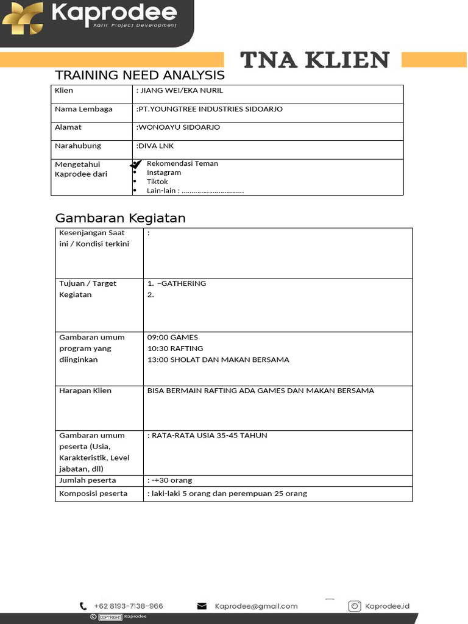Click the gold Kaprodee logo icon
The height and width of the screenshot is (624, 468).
pyautogui.click(x=23, y=18)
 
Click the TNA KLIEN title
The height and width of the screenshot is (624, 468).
pyautogui.click(x=314, y=60)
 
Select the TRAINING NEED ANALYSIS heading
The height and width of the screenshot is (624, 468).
pyautogui.click(x=140, y=76)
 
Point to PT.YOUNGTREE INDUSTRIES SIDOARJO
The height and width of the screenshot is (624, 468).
pyautogui.click(x=210, y=109)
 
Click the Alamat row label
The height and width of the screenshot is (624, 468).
pyautogui.click(x=68, y=127)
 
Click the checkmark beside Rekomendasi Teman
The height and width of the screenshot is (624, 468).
pyautogui.click(x=136, y=165)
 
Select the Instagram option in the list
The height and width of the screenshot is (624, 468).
pyautogui.click(x=163, y=172)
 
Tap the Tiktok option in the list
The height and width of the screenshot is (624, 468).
pyautogui.click(x=157, y=182)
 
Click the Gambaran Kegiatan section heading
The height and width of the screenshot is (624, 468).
pyautogui.click(x=120, y=218)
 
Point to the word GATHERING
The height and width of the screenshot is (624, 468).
pyautogui.click(x=182, y=283)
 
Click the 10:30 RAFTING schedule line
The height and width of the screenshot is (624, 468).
pyautogui.click(x=175, y=349)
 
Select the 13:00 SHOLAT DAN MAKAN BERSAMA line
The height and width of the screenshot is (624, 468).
pyautogui.click(x=218, y=360)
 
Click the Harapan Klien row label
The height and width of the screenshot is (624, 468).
pyautogui.click(x=85, y=391)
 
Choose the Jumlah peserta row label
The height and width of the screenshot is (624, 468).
pyautogui.click(x=87, y=480)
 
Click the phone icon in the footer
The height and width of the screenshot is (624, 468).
pyautogui.click(x=83, y=606)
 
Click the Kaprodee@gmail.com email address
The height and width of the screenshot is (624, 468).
pyautogui.click(x=256, y=606)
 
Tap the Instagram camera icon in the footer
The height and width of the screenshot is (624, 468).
pyautogui.click(x=355, y=606)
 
